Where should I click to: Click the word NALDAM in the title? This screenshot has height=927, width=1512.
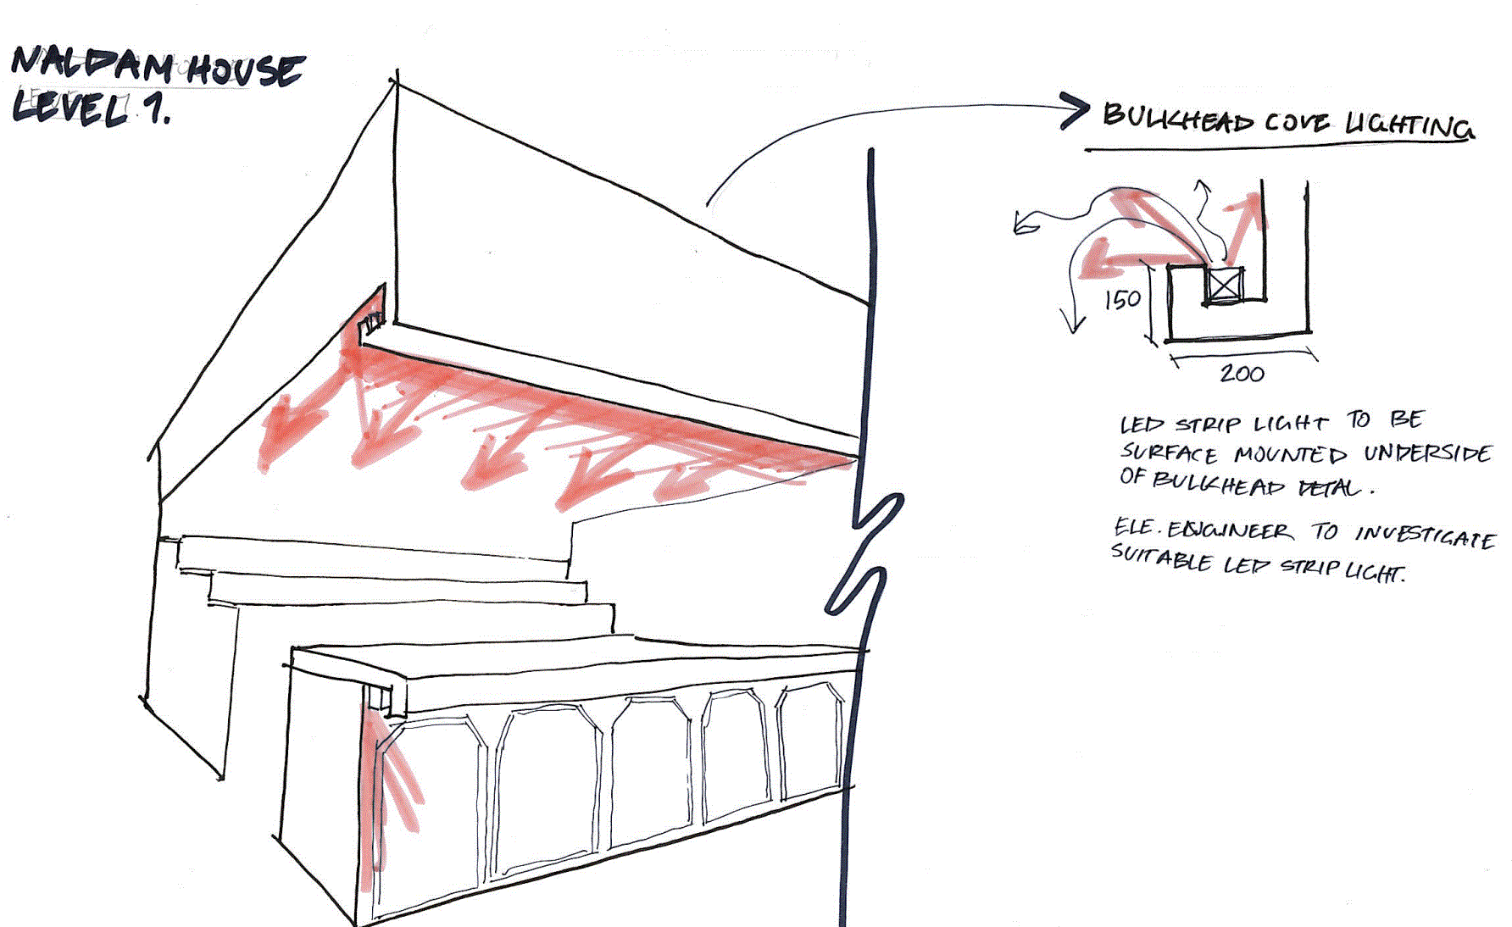92,65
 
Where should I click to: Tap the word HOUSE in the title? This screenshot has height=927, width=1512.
245,69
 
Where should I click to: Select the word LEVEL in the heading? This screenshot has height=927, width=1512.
71,108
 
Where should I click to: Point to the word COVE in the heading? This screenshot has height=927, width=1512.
1297,123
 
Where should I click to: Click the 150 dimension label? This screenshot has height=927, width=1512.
1122,299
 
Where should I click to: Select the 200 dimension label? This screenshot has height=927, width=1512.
1242,374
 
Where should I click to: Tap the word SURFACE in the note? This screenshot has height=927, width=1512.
1169,453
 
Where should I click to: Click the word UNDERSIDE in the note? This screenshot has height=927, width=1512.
1427,453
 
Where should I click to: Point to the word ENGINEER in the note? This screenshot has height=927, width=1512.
1230,531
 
